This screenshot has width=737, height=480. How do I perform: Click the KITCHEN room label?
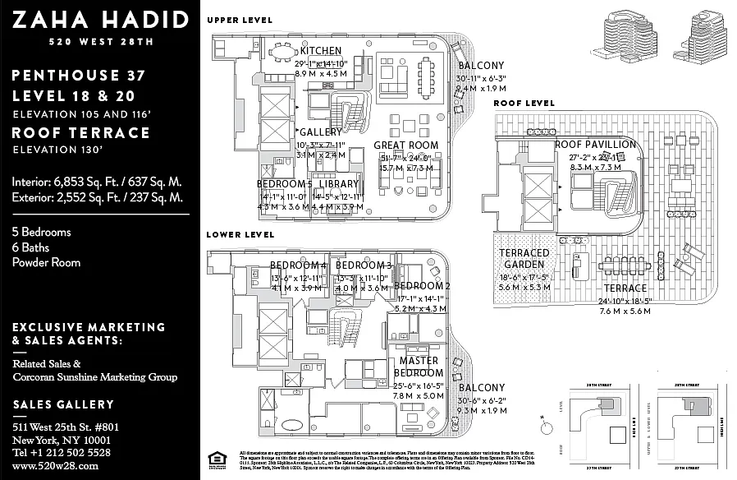(x=321, y=51)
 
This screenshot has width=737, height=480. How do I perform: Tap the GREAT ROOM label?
(x=412, y=145)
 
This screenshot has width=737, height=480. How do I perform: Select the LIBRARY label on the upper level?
(x=339, y=184)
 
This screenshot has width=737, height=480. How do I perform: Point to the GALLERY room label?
(x=321, y=132)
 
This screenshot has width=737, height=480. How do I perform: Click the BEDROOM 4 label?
(x=299, y=265)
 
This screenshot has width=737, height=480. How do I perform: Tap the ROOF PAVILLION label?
(x=595, y=145)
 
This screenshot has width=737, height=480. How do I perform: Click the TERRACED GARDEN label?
(x=524, y=259)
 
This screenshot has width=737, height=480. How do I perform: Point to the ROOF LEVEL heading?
(x=524, y=104)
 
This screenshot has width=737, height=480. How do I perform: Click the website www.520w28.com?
(x=55, y=465)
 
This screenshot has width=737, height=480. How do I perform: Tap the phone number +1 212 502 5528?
(x=62, y=452)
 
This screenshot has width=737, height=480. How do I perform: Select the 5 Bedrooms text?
(x=41, y=232)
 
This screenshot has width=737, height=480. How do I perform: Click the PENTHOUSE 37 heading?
(x=79, y=76)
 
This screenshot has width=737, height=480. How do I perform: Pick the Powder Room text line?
(x=46, y=262)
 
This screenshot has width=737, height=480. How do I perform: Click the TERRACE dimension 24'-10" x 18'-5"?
(x=625, y=301)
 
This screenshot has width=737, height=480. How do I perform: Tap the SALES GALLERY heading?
(x=63, y=404)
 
